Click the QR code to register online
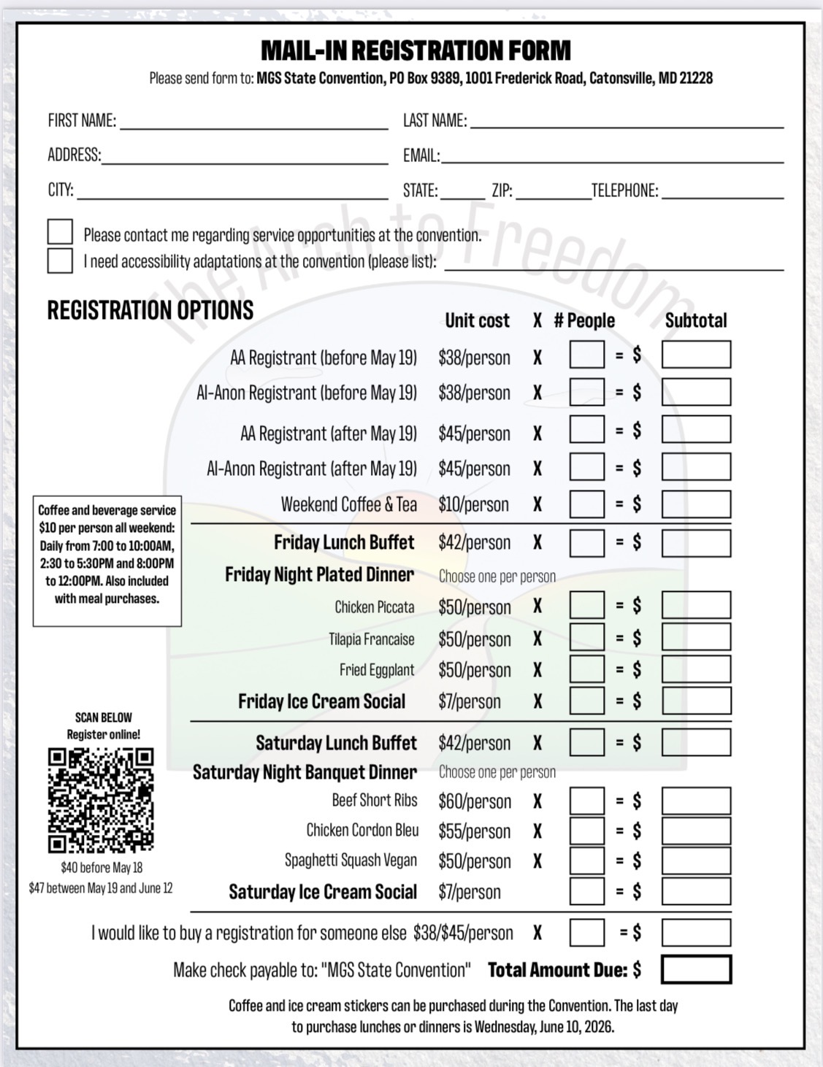pyautogui.click(x=101, y=800)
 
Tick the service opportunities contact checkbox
pyautogui.click(x=60, y=232)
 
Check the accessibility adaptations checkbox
pyautogui.click(x=60, y=261)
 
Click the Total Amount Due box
pyautogui.click(x=695, y=969)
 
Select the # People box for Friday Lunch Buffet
pyautogui.click(x=586, y=543)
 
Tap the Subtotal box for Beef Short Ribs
pyautogui.click(x=695, y=801)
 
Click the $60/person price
pyautogui.click(x=474, y=801)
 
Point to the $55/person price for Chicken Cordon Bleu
pyautogui.click(x=474, y=831)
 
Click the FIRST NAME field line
pyautogui.click(x=253, y=123)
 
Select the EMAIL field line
pyautogui.click(x=612, y=156)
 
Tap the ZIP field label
pyautogui.click(x=502, y=191)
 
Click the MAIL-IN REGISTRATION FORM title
pyautogui.click(x=416, y=50)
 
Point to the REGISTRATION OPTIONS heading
pyautogui.click(x=150, y=310)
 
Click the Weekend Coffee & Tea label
pyautogui.click(x=348, y=504)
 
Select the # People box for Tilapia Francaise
pyautogui.click(x=586, y=638)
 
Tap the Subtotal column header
pyautogui.click(x=695, y=320)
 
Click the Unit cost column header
pyautogui.click(x=477, y=320)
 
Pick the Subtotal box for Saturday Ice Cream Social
pyautogui.click(x=695, y=891)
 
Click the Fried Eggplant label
pyautogui.click(x=376, y=670)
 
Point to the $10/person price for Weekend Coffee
pyautogui.click(x=473, y=504)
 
